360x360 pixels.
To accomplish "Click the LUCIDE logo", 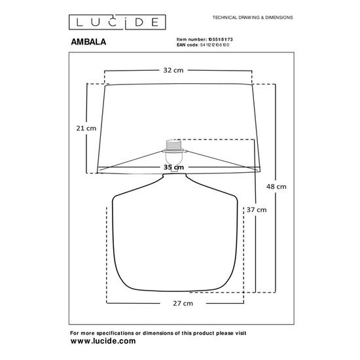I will (x=114, y=22).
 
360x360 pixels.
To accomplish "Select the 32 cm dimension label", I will (x=173, y=70).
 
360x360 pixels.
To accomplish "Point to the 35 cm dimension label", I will (x=173, y=168).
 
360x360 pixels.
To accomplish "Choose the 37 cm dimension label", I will (x=257, y=210).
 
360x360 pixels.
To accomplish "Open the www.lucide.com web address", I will (x=103, y=341).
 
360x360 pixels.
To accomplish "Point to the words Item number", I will (x=191, y=39).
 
